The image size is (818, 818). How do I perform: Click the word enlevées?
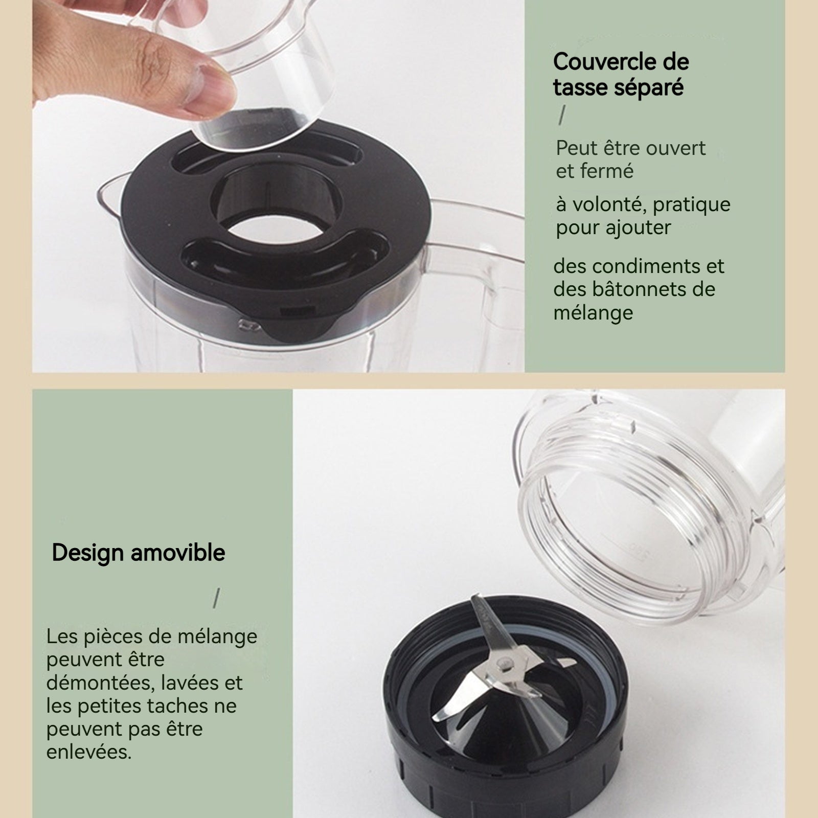(89, 752)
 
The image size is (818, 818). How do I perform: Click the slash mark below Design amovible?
(217, 598)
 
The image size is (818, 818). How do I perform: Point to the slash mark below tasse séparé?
(562, 115)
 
